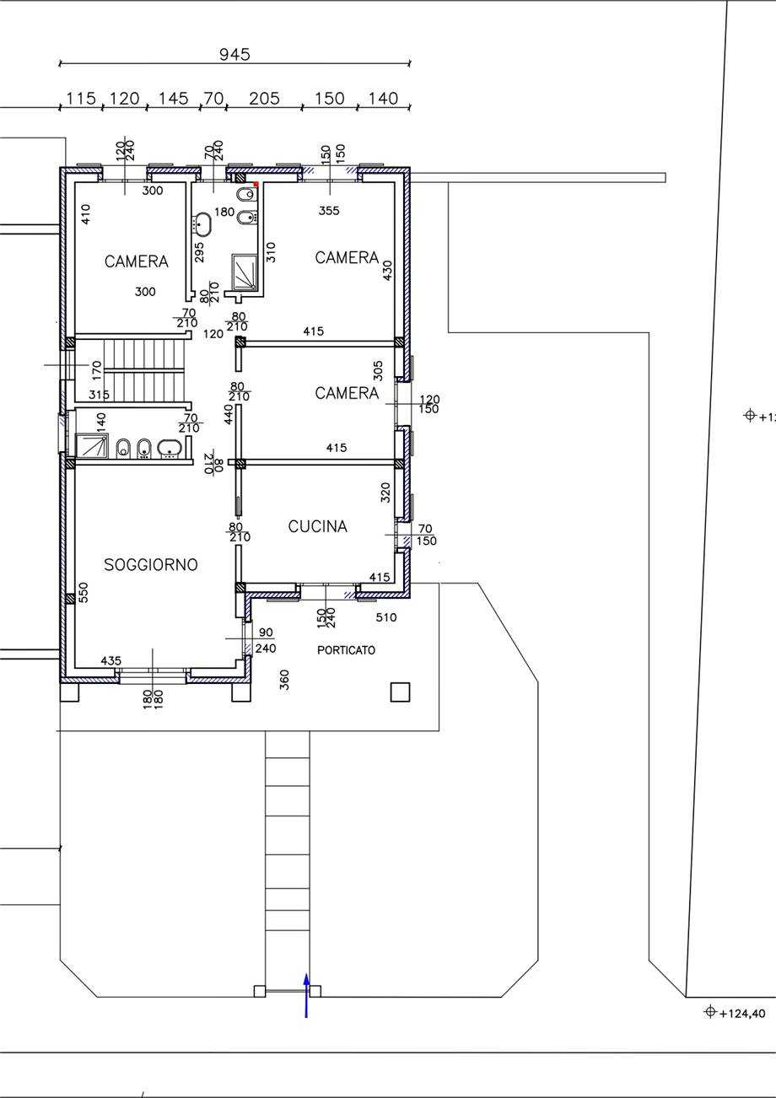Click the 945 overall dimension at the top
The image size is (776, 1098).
(234, 54)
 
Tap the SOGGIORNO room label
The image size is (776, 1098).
(151, 565)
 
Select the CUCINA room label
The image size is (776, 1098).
(318, 526)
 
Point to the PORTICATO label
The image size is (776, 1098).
(346, 650)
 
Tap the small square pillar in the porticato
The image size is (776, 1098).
(400, 692)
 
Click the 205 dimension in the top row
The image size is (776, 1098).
(264, 99)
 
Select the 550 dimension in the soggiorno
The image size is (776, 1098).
(83, 593)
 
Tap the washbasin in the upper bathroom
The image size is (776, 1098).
(202, 223)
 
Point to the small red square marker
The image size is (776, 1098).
(256, 184)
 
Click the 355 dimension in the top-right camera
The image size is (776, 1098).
(329, 211)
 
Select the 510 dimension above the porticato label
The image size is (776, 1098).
(385, 617)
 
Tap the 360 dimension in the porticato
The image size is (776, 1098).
(284, 680)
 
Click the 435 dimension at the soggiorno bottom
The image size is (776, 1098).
(111, 661)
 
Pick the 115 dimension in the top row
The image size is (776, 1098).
(81, 99)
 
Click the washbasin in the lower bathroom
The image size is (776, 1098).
(170, 448)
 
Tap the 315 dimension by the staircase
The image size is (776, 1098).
(99, 395)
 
